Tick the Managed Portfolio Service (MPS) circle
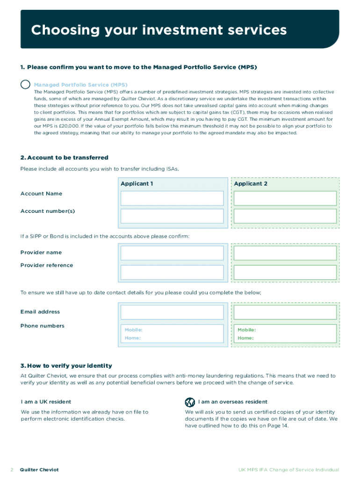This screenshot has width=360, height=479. (x=26, y=85)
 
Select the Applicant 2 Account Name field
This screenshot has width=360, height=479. (x=285, y=198)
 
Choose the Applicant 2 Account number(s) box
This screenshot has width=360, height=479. (x=285, y=216)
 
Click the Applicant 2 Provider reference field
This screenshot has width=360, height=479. (x=285, y=272)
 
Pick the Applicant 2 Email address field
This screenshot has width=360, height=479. (x=285, y=312)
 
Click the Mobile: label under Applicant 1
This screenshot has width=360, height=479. (x=134, y=330)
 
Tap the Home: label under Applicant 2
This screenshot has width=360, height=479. (x=245, y=338)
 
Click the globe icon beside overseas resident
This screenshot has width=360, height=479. (x=190, y=402)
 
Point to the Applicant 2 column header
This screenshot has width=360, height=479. (x=251, y=184)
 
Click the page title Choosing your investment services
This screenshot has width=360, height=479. (x=158, y=30)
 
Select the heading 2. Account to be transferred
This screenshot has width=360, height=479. (x=64, y=158)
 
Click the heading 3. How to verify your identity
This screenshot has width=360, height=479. (x=66, y=365)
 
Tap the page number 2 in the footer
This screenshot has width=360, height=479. (x=12, y=470)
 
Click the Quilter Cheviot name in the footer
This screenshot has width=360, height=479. (x=39, y=470)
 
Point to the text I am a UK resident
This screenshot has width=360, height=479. (x=46, y=402)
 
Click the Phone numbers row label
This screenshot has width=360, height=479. (x=42, y=326)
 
